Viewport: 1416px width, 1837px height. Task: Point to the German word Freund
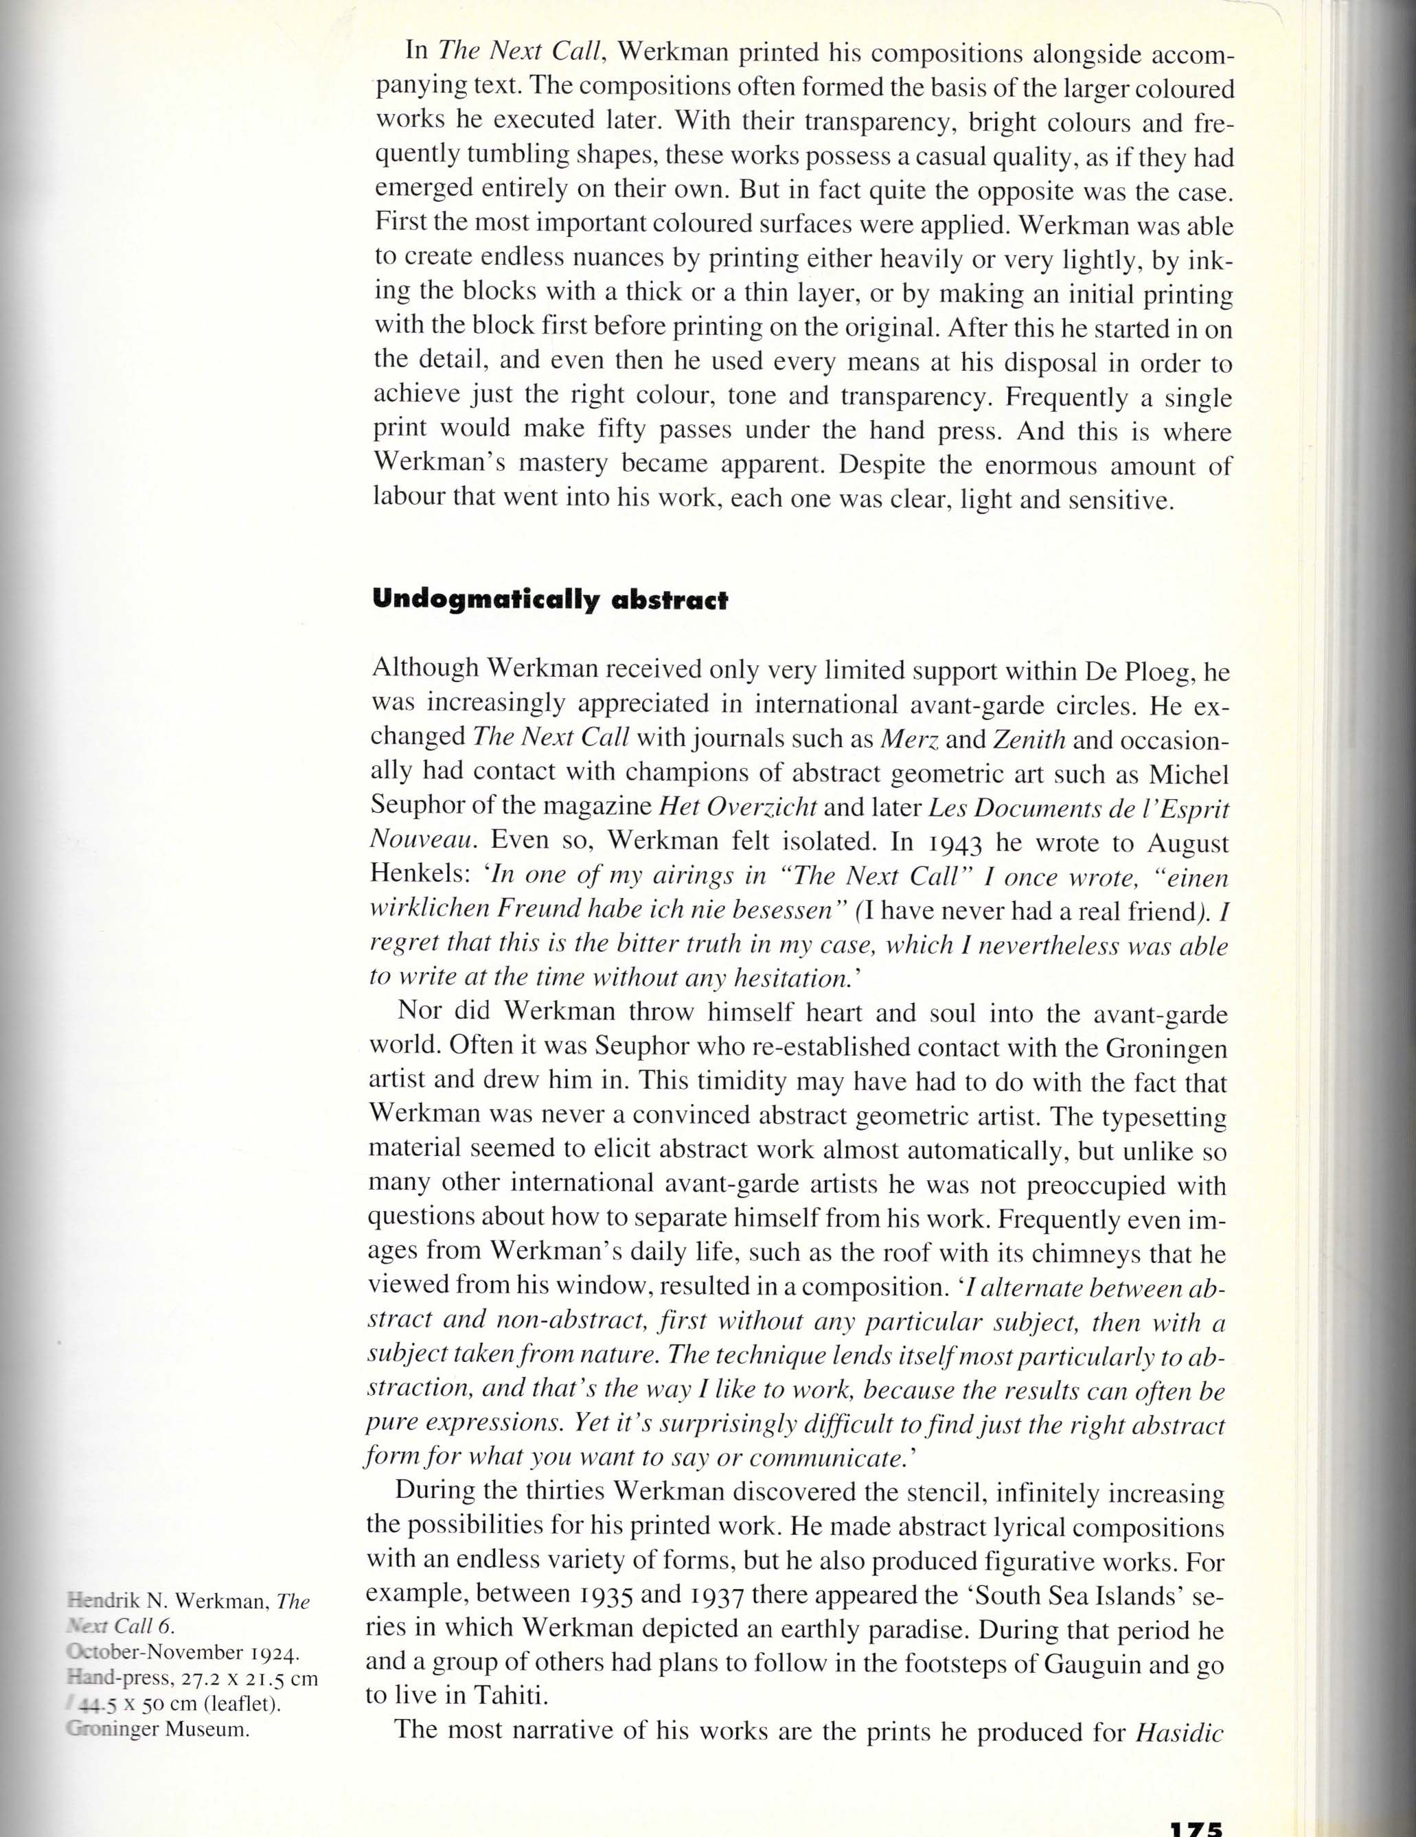[538, 910]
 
